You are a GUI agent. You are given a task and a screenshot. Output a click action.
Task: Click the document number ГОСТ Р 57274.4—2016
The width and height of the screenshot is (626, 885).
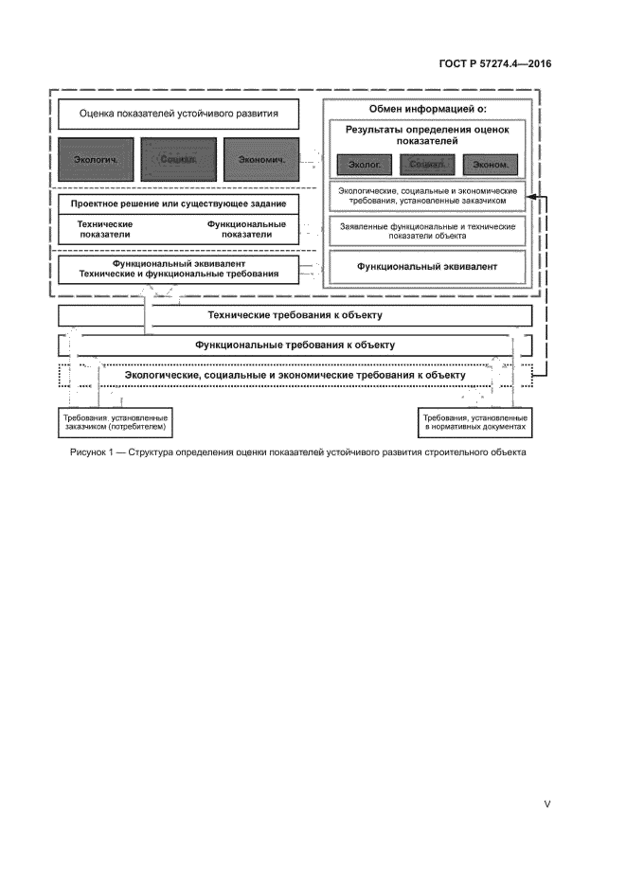point(508,65)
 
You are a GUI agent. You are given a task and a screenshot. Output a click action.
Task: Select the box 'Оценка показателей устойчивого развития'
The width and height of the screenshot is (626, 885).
point(179,115)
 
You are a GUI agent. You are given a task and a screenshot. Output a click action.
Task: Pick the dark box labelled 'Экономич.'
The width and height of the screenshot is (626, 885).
point(261,159)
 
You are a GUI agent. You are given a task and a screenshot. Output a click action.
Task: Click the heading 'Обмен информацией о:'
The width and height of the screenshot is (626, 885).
point(428,110)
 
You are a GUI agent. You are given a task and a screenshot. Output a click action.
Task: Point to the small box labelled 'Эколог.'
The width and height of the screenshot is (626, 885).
point(363,165)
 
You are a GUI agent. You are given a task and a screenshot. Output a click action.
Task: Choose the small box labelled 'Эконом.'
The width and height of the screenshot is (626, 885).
point(491,165)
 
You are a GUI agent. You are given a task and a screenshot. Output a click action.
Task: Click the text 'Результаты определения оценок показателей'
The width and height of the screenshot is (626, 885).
point(426,135)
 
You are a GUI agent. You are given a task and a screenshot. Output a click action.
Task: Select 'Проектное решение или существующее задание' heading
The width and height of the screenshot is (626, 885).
point(179,204)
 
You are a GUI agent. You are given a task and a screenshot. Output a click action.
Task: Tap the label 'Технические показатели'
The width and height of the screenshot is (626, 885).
point(105,230)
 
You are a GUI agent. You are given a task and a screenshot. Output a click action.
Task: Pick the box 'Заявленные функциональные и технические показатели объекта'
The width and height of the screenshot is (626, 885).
point(427,231)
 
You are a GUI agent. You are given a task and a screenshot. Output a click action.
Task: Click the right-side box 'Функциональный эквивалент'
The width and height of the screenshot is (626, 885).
point(427,267)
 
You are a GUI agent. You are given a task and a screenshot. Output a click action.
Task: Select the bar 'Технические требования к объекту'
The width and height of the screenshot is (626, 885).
point(295,314)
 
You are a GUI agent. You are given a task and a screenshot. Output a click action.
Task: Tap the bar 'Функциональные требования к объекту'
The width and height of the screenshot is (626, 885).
point(295,345)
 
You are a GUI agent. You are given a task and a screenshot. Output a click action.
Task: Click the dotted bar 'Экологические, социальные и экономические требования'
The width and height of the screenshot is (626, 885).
point(295,376)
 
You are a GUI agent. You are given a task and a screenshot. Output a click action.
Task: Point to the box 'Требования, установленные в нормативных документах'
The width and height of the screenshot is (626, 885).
point(474,422)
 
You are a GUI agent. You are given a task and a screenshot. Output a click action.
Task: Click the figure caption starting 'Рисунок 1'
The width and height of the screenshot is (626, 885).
point(296,451)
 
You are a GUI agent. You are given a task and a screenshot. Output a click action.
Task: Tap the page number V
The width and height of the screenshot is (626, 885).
point(546,804)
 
